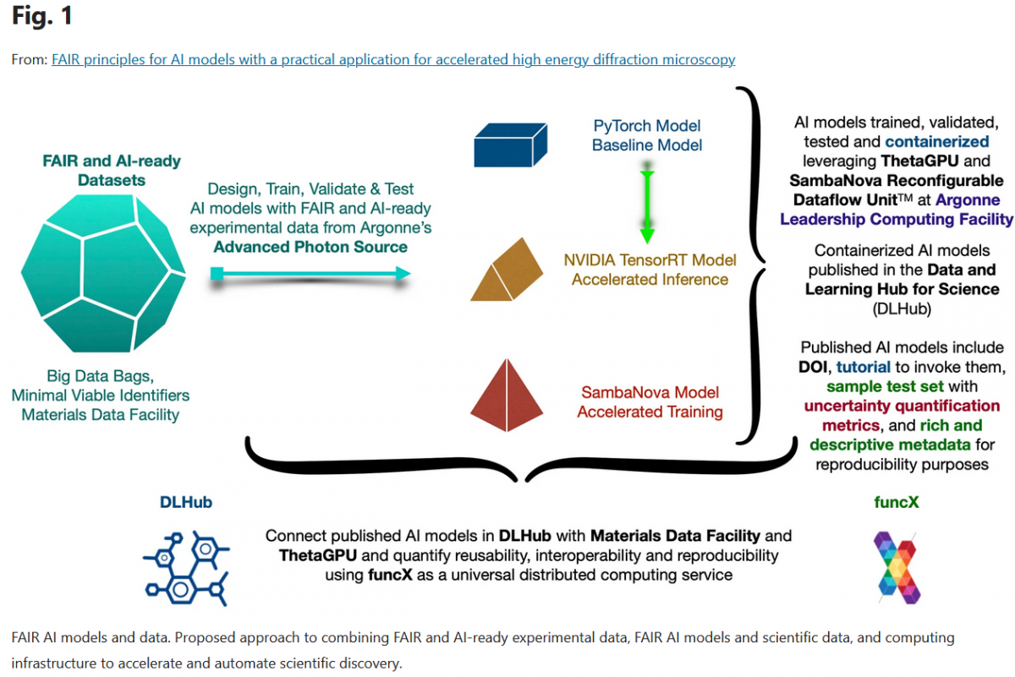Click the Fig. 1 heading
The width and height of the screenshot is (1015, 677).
43,15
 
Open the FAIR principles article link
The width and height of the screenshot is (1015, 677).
393,59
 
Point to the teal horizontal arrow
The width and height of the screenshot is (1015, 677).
310,273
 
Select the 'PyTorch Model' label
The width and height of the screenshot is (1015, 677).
647,127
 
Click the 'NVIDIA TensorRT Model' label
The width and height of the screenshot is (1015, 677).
650,260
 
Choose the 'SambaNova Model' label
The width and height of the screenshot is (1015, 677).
650,393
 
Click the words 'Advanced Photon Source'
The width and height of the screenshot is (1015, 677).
310,247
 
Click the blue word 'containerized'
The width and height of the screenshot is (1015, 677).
937,142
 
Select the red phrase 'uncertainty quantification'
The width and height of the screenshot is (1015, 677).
902,406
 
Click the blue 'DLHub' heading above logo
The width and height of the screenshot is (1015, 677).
186,502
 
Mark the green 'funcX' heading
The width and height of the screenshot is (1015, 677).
896,503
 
